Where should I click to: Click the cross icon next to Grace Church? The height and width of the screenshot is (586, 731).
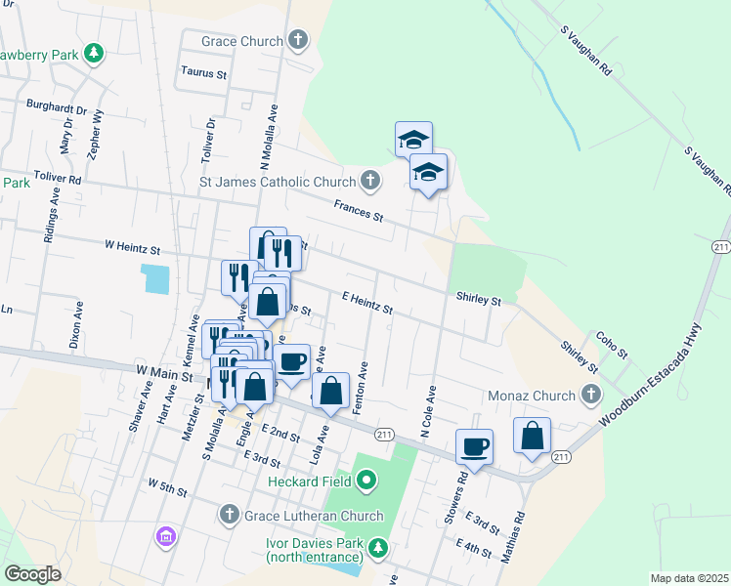298,41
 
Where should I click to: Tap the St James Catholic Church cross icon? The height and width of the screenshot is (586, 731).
369,181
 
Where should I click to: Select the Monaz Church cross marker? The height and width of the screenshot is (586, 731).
590,396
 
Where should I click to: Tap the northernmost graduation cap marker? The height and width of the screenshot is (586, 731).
413,139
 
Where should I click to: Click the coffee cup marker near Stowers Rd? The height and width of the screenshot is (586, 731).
475,446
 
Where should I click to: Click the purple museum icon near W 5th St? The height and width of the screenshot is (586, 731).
165,536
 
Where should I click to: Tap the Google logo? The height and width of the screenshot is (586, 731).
32,574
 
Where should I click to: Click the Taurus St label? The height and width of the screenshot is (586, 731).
204,72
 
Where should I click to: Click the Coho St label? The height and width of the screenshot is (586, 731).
612,345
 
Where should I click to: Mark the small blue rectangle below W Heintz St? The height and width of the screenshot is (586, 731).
153,278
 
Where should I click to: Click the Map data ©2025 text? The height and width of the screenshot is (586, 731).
688,578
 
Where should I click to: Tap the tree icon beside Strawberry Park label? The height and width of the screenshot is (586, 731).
94,53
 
